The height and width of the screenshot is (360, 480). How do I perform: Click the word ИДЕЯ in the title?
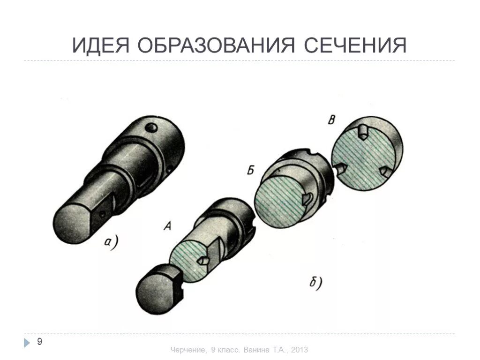[x=101, y=45]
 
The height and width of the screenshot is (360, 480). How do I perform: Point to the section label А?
[x=166, y=227]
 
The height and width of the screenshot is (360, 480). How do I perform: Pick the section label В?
[x=331, y=120]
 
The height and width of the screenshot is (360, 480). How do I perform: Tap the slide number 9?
[x=40, y=341]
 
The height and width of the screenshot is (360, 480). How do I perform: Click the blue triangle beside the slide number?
[x=27, y=343]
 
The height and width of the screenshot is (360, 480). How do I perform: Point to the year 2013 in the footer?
[x=300, y=350]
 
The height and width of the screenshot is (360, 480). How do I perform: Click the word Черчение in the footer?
[x=187, y=350]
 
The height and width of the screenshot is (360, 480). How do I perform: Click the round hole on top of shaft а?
[x=150, y=127]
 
